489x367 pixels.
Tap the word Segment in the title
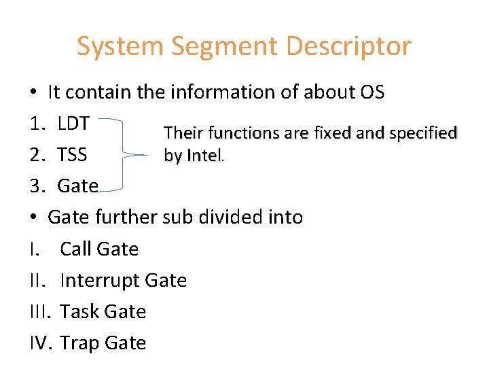pos(224,47)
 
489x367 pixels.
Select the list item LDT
pos(74,124)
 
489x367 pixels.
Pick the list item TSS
pos(72,155)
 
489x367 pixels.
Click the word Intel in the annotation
pos(202,156)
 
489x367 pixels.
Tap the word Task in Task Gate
pos(79,311)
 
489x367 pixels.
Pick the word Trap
pos(79,343)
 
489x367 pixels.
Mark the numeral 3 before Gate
pos(37,186)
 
